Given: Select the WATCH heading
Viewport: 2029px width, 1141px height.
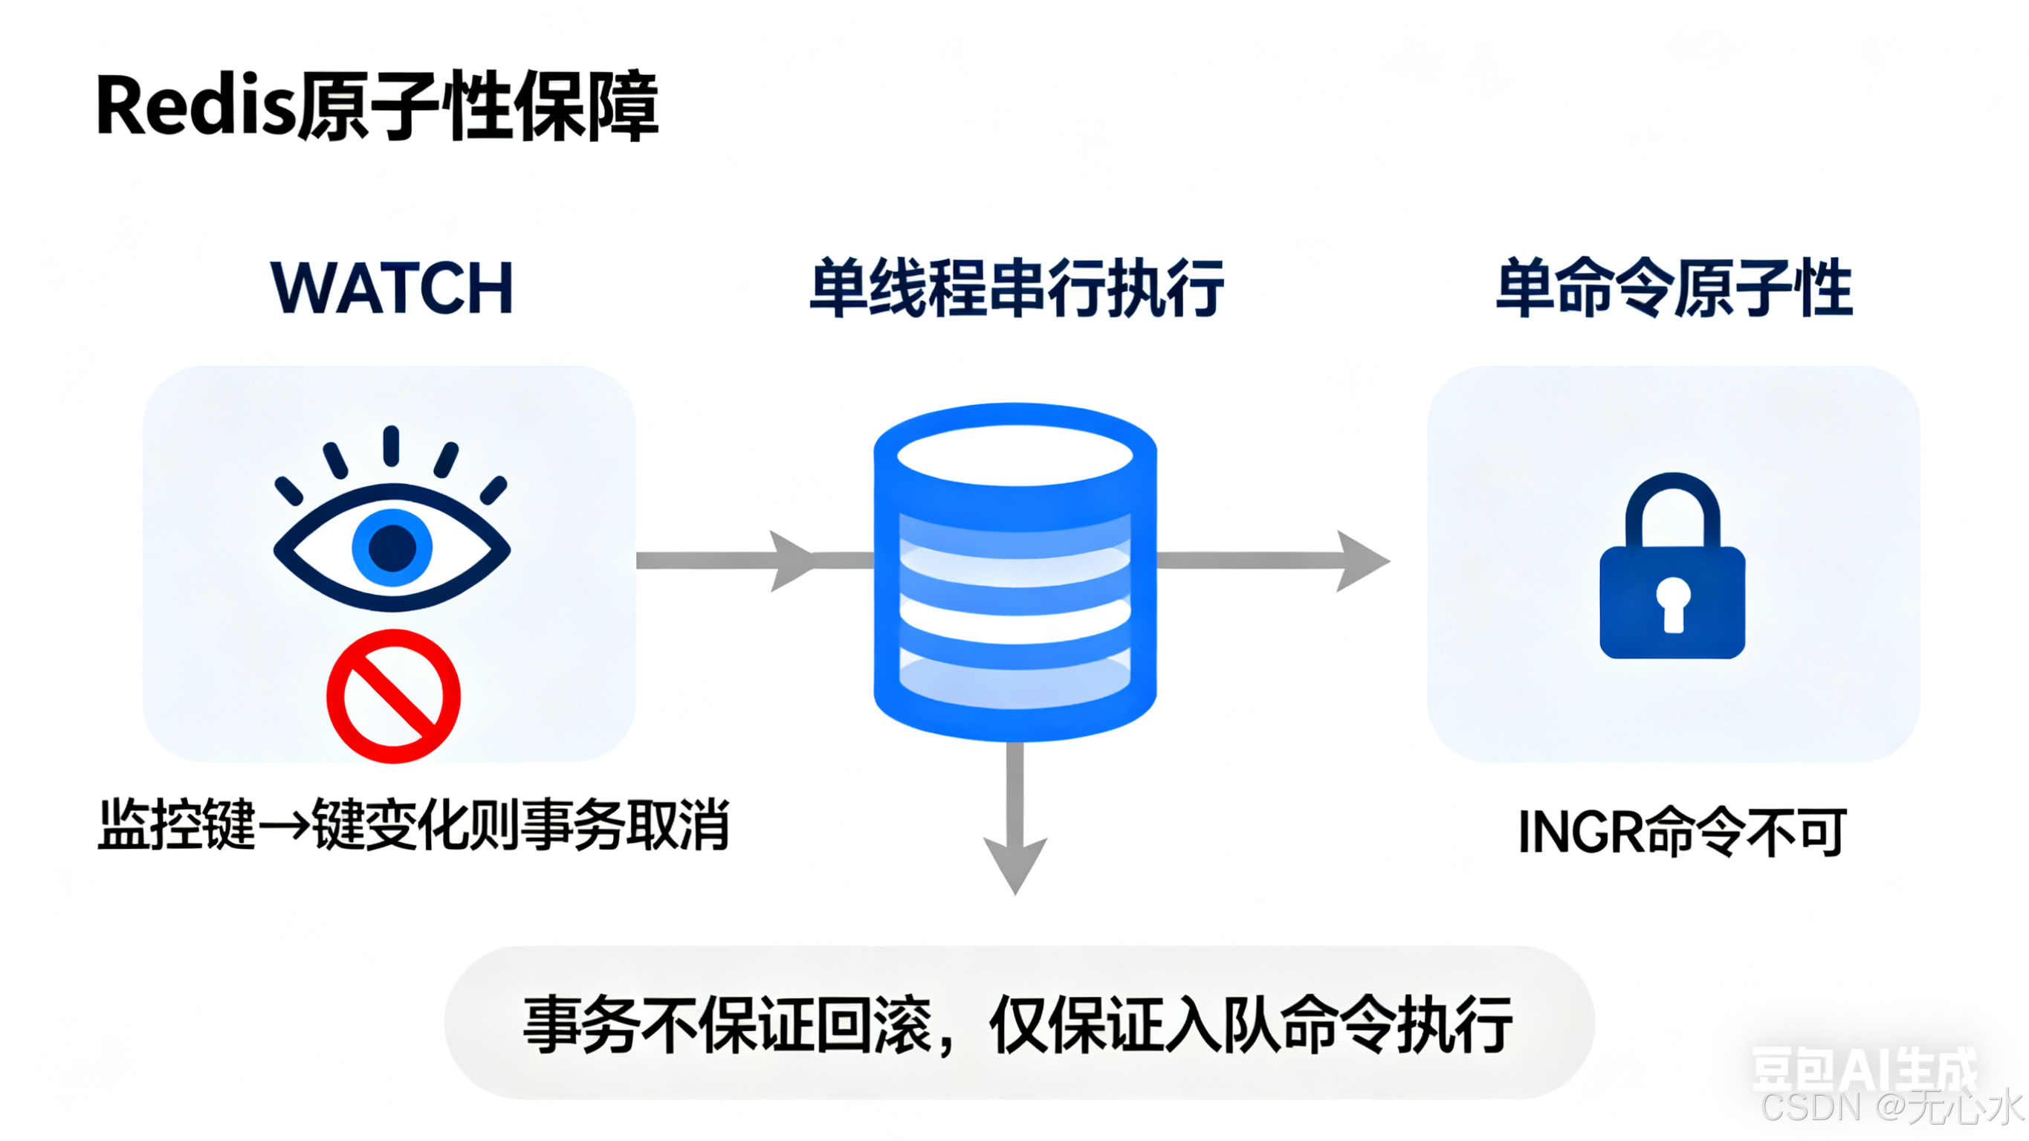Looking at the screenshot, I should [x=392, y=288].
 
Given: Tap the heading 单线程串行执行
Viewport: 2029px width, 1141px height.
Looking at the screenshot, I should [x=1016, y=288].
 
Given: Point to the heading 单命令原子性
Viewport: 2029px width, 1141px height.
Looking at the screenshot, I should [x=1674, y=288].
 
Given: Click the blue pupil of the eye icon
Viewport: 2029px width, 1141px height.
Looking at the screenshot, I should [x=392, y=547].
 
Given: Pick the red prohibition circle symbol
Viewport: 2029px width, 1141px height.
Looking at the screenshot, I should [x=393, y=696].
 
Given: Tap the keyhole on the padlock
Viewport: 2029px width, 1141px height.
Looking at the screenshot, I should [x=1673, y=604].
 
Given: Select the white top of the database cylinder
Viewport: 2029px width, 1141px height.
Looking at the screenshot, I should [x=1014, y=456].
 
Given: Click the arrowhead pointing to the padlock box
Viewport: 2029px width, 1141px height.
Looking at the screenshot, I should [x=1360, y=561].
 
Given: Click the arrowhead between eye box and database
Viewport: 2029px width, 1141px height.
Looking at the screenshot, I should [x=790, y=561].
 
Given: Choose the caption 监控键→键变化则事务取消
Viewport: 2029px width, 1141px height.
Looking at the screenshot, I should [x=413, y=826].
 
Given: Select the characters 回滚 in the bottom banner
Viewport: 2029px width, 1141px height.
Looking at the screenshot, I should [x=874, y=1024].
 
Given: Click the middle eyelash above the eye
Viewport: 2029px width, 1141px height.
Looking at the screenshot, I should [x=392, y=446].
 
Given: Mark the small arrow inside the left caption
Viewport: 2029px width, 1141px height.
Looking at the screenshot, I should [x=284, y=826].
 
